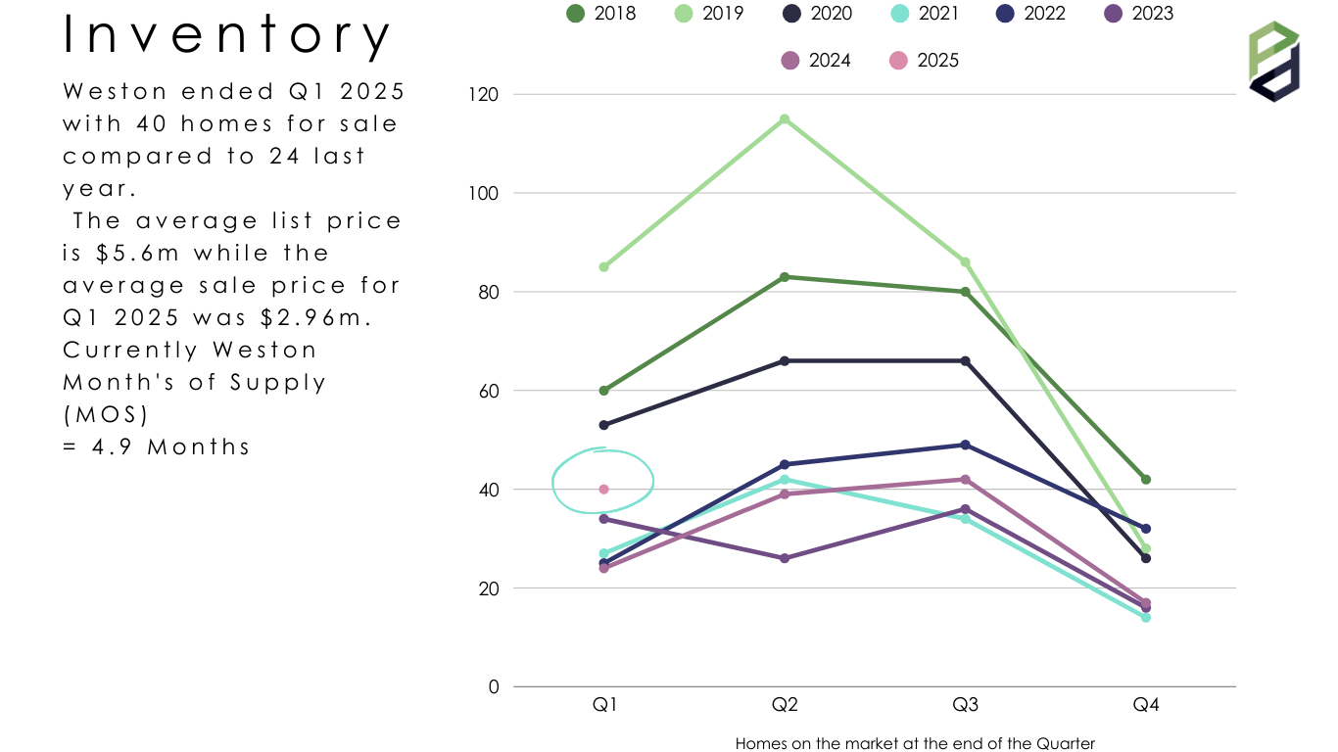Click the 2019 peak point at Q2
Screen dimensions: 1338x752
(785, 119)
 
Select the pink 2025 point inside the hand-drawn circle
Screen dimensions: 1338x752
(604, 490)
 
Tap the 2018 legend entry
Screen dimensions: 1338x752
(601, 13)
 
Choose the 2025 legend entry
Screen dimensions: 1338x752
(924, 61)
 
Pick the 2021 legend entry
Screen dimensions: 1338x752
(925, 13)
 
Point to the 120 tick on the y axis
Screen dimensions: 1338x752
(483, 94)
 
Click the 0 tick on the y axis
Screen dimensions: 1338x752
(494, 687)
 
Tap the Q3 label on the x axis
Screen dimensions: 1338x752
(965, 705)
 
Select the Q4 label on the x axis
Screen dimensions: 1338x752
(1146, 705)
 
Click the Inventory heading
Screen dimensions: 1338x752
(227, 34)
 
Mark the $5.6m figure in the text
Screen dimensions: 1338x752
(137, 254)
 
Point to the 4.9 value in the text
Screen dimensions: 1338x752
(112, 446)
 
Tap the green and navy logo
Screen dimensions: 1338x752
(1274, 62)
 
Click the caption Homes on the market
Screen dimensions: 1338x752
(915, 743)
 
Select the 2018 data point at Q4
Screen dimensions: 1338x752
(1146, 480)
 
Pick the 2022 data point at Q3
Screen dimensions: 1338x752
(965, 445)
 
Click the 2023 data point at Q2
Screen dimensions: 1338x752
(785, 558)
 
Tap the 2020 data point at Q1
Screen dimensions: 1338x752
(604, 425)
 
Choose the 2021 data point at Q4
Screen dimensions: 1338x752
(1146, 618)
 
